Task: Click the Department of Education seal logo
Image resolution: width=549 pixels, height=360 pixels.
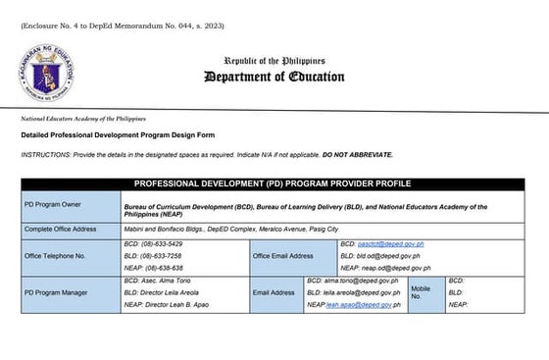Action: [x=48, y=68]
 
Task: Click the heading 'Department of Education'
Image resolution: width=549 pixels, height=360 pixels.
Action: [x=274, y=77]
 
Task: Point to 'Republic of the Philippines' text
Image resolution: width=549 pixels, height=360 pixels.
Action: [x=274, y=60]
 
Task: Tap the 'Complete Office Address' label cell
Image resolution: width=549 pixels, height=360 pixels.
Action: [x=59, y=229]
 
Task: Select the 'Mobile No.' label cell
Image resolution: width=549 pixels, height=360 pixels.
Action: [x=423, y=291]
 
